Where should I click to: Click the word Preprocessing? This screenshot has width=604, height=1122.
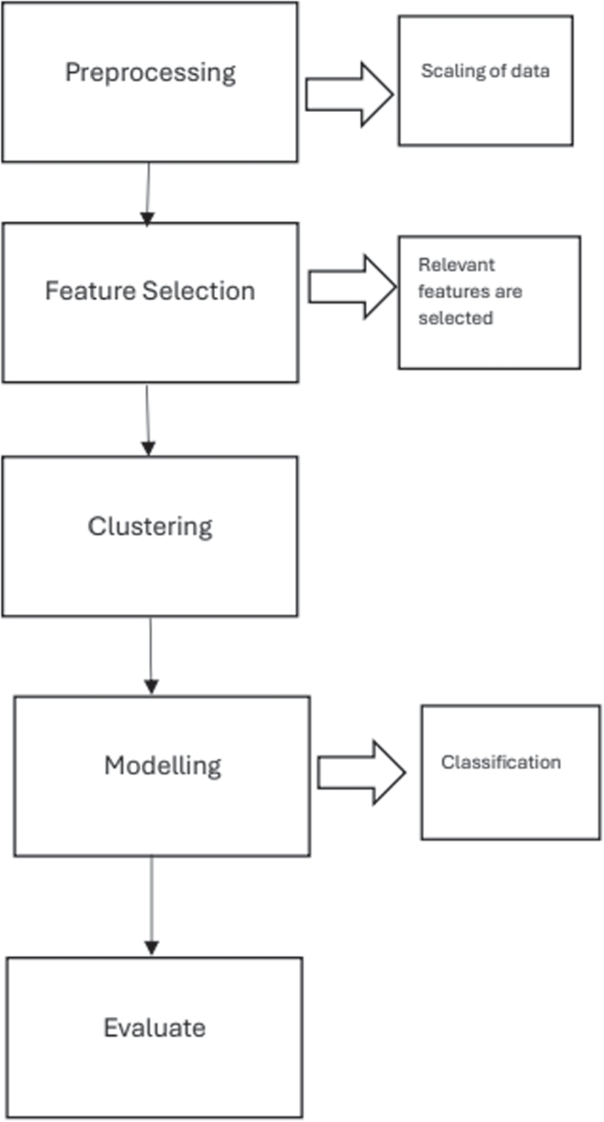(150, 72)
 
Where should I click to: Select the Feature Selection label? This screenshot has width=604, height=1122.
(150, 291)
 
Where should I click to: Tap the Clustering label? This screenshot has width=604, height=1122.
(150, 527)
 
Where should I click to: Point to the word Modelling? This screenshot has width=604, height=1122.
(162, 765)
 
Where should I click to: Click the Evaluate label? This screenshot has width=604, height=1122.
(154, 1028)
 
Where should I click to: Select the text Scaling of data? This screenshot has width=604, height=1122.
(485, 71)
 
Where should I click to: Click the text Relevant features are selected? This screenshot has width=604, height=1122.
(456, 291)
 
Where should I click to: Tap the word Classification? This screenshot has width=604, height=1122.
(501, 762)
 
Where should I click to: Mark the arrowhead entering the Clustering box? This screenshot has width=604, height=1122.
(148, 449)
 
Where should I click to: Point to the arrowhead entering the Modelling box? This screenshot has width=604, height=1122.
(151, 687)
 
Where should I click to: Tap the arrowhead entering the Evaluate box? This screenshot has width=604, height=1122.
(151, 948)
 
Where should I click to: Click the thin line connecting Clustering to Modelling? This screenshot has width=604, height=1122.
(150, 648)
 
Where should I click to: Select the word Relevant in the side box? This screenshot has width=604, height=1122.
(444, 265)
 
